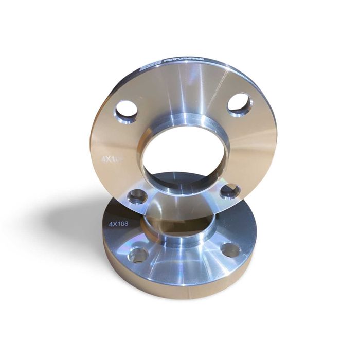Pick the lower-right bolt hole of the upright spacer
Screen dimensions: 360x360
[229, 191]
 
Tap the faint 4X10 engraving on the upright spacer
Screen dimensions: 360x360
[110, 159]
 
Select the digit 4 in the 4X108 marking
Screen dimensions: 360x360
[111, 225]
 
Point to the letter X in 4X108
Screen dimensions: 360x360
[115, 225]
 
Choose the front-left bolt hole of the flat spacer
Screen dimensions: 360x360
[138, 255]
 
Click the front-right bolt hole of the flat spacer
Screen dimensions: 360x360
[229, 250]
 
